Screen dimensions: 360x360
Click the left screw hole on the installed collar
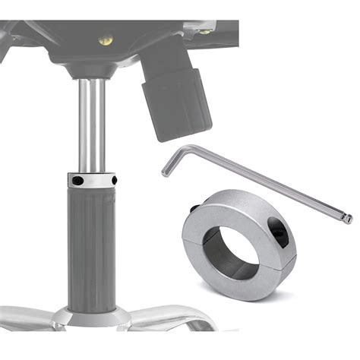[78, 180]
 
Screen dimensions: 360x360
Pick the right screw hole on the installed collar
[114, 180]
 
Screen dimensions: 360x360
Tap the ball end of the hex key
[348, 219]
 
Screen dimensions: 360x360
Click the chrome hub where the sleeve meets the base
[94, 316]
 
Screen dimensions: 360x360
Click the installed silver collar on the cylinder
[96, 182]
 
